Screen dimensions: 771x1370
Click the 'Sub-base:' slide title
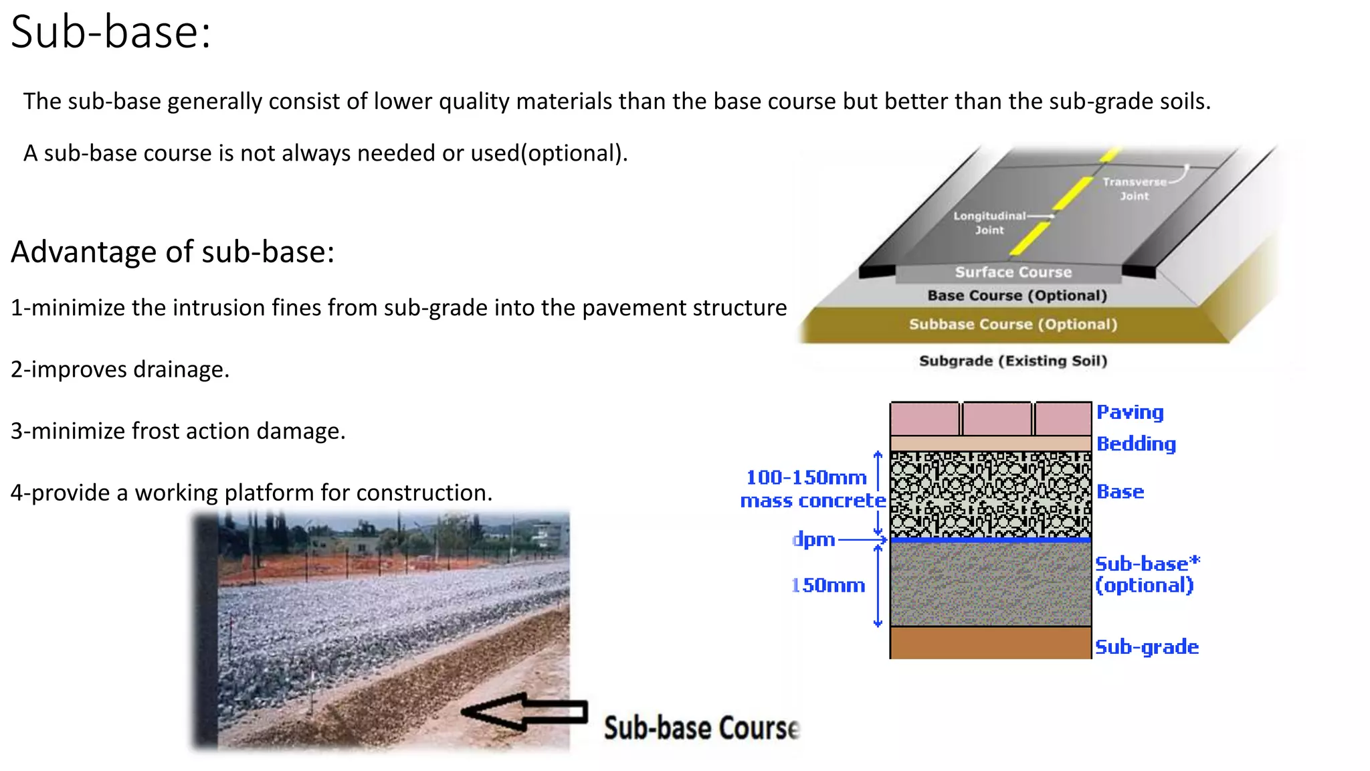coord(111,32)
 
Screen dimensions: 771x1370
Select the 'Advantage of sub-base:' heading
coord(173,252)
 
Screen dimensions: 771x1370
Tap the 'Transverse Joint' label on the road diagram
coord(1135,189)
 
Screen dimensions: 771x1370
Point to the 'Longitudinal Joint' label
coord(989,223)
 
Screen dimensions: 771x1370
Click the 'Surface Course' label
coord(1013,272)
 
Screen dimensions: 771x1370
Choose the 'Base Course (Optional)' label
coord(1017,296)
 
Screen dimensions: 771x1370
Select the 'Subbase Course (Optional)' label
coord(1013,325)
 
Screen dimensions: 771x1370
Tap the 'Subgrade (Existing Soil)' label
coord(1013,361)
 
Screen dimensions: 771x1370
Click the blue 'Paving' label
coord(1130,413)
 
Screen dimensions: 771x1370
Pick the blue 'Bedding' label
coord(1136,444)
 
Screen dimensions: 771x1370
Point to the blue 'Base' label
coord(1120,492)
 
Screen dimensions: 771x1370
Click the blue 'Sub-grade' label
coord(1147,647)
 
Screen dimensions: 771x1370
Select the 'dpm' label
coord(813,539)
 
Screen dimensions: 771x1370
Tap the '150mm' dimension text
coord(828,586)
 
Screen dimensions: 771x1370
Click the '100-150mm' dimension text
coord(806,478)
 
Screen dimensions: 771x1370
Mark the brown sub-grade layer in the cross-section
coord(990,642)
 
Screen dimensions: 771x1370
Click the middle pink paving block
coord(997,419)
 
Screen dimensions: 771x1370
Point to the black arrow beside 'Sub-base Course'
coord(525,711)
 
